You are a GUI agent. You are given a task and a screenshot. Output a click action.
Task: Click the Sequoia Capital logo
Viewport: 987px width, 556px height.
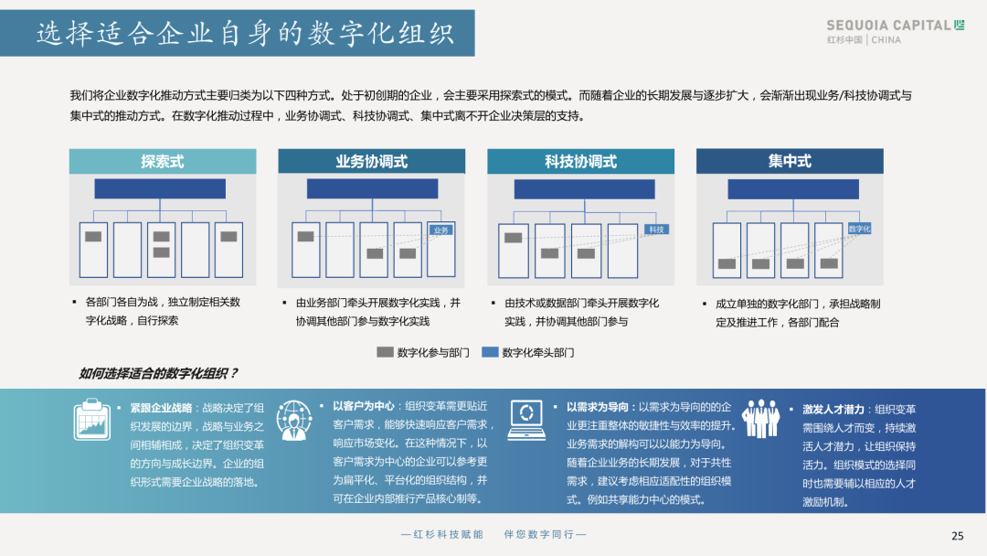[895, 31]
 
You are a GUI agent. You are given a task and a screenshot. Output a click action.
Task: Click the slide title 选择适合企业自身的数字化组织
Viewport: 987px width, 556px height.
[245, 34]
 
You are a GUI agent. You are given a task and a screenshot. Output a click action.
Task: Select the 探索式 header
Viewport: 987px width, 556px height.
[163, 162]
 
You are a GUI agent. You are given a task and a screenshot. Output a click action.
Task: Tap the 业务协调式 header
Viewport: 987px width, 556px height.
[371, 162]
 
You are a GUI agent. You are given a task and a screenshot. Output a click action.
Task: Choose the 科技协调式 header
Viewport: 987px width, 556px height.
[580, 162]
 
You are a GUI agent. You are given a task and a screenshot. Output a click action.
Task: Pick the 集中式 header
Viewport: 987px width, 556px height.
[790, 162]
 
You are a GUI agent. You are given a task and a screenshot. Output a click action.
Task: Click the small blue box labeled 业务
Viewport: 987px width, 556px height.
[441, 230]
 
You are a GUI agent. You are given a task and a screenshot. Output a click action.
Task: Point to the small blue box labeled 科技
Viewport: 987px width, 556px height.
[656, 230]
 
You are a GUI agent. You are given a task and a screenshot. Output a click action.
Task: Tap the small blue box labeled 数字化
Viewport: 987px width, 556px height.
[859, 229]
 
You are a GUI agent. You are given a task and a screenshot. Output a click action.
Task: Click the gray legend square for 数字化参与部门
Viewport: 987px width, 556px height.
[385, 352]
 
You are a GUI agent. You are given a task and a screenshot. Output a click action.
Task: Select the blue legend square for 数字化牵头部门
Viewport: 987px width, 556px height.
[490, 352]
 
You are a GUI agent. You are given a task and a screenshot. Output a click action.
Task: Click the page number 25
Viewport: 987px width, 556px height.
[958, 536]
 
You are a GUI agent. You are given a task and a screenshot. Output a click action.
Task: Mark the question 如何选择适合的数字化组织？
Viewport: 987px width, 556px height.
[158, 373]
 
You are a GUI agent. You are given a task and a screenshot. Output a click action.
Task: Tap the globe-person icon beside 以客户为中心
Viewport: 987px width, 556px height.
[294, 421]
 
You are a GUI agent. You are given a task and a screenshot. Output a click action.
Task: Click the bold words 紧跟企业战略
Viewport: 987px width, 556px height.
[161, 408]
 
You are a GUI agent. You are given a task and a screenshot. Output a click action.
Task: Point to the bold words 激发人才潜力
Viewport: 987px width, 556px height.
[833, 410]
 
